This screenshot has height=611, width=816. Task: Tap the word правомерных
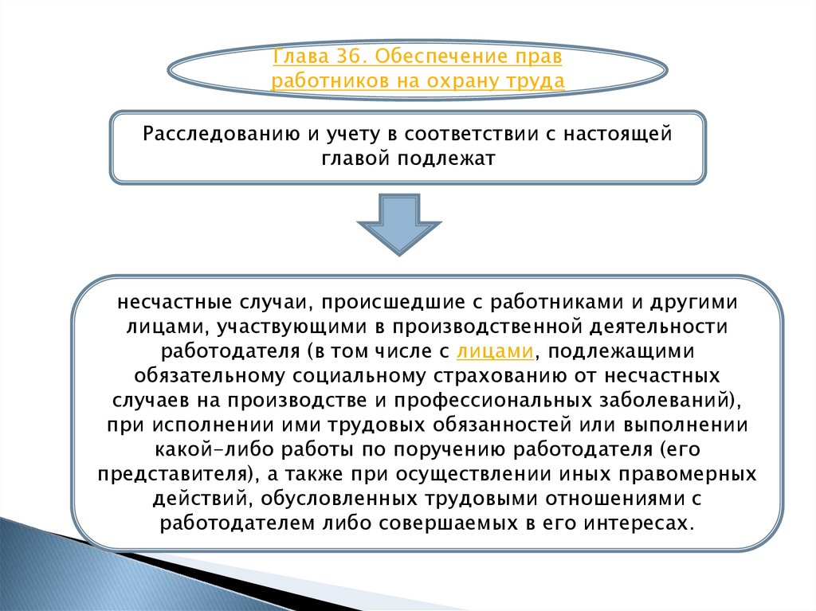click(688, 474)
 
